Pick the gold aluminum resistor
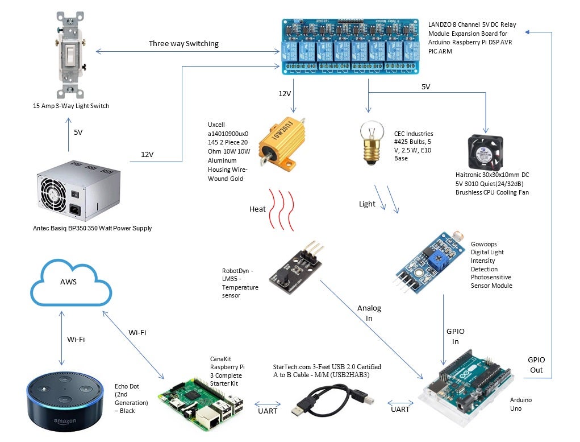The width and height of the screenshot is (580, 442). click(282, 142)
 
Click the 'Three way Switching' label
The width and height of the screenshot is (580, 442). click(183, 44)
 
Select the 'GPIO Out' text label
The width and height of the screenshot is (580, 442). click(536, 365)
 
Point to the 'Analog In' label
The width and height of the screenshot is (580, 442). click(369, 313)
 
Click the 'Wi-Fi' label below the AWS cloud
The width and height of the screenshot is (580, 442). click(77, 339)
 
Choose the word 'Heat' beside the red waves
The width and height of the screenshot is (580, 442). click(257, 209)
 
